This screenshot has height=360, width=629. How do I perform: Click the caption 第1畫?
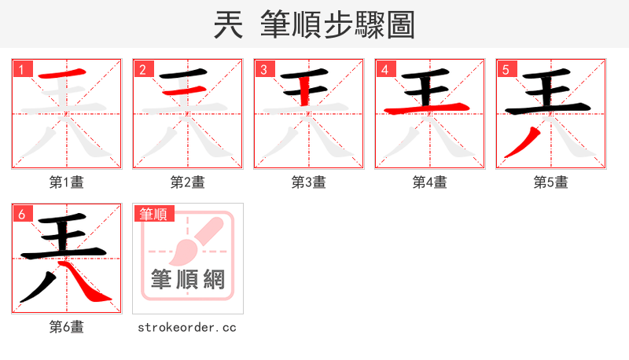tap(66, 182)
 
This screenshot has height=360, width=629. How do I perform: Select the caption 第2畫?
tap(187, 182)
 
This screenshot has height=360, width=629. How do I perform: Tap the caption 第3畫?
tap(308, 182)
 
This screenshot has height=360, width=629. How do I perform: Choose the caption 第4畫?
tap(429, 182)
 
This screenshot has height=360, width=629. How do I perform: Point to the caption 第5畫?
tap(550, 182)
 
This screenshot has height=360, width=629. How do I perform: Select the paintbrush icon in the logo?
tap(189, 243)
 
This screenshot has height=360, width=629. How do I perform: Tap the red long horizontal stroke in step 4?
tap(429, 108)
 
